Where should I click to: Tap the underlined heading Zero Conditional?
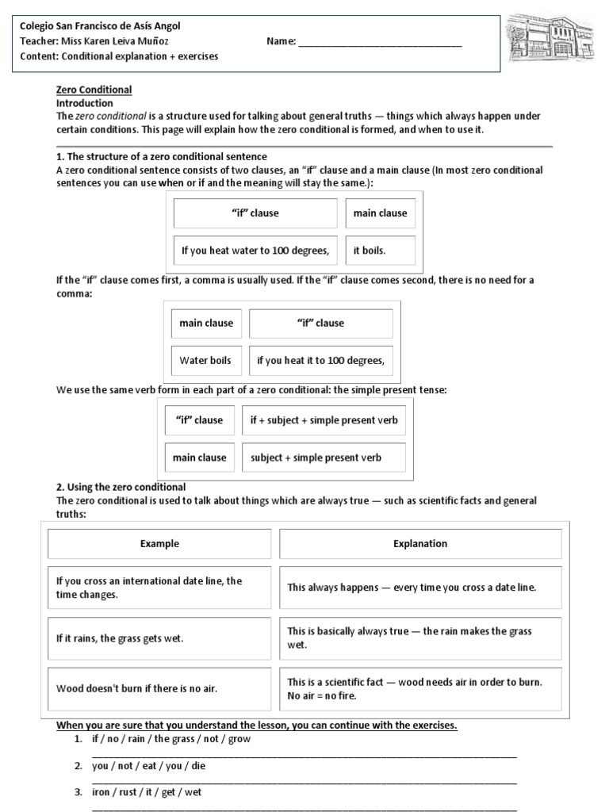[x=94, y=90]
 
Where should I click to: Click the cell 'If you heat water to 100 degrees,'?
[x=255, y=251]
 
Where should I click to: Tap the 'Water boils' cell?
[x=205, y=360]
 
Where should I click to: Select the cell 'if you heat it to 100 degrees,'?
[x=320, y=360]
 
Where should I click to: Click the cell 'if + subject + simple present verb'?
[x=324, y=420]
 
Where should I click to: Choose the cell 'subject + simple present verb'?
[x=324, y=458]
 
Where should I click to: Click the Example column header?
[x=159, y=544]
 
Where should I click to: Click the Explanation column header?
[x=420, y=544]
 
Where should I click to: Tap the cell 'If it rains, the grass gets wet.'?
[x=159, y=638]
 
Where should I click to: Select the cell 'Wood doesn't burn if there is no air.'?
[x=159, y=688]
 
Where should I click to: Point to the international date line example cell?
[x=159, y=588]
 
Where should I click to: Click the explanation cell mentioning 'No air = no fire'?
[x=420, y=688]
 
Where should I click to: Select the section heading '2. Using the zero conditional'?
[x=121, y=487]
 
